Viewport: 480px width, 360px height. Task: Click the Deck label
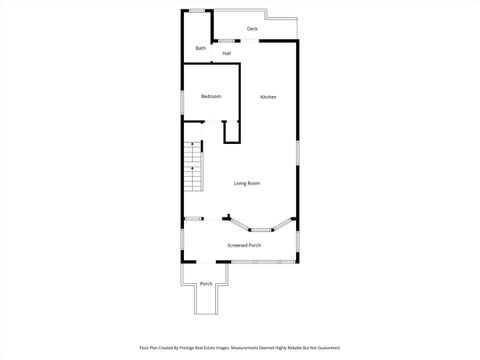pos(253,29)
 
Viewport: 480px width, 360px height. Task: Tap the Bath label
pos(201,48)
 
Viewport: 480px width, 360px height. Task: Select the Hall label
pos(227,53)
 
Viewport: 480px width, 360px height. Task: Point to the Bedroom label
pos(211,96)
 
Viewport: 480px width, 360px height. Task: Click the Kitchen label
pos(268,97)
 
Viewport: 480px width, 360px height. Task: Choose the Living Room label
pos(247,183)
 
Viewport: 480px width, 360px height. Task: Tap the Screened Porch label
pos(244,245)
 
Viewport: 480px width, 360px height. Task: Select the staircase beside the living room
pos(192,170)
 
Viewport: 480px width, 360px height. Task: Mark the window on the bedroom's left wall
pos(182,101)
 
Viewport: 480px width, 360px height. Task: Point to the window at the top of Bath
pos(198,11)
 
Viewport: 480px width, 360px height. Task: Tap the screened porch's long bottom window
pos(254,262)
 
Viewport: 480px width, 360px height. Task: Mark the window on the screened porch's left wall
pos(182,241)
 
